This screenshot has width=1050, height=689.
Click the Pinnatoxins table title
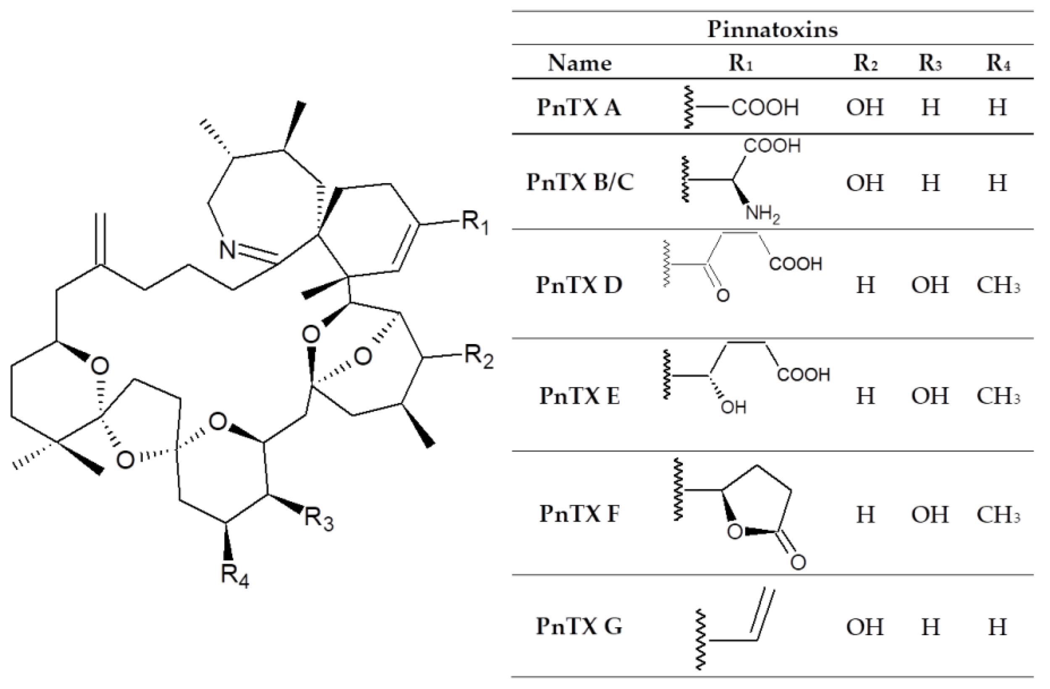click(x=772, y=29)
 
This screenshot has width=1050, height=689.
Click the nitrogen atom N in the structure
click(x=228, y=250)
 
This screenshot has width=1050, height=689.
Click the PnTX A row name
click(x=579, y=107)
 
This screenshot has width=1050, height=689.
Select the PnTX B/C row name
click(x=579, y=182)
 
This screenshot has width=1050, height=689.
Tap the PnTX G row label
click(x=579, y=626)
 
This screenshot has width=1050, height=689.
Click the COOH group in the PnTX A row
click(x=765, y=107)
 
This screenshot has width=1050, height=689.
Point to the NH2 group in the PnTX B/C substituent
click(x=762, y=215)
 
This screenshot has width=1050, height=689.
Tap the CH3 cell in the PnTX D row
click(x=998, y=285)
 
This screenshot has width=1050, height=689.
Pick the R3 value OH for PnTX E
click(x=929, y=396)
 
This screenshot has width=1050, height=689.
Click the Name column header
click(x=579, y=63)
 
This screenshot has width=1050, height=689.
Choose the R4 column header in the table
click(x=998, y=63)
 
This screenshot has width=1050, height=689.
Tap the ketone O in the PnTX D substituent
click(x=722, y=295)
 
